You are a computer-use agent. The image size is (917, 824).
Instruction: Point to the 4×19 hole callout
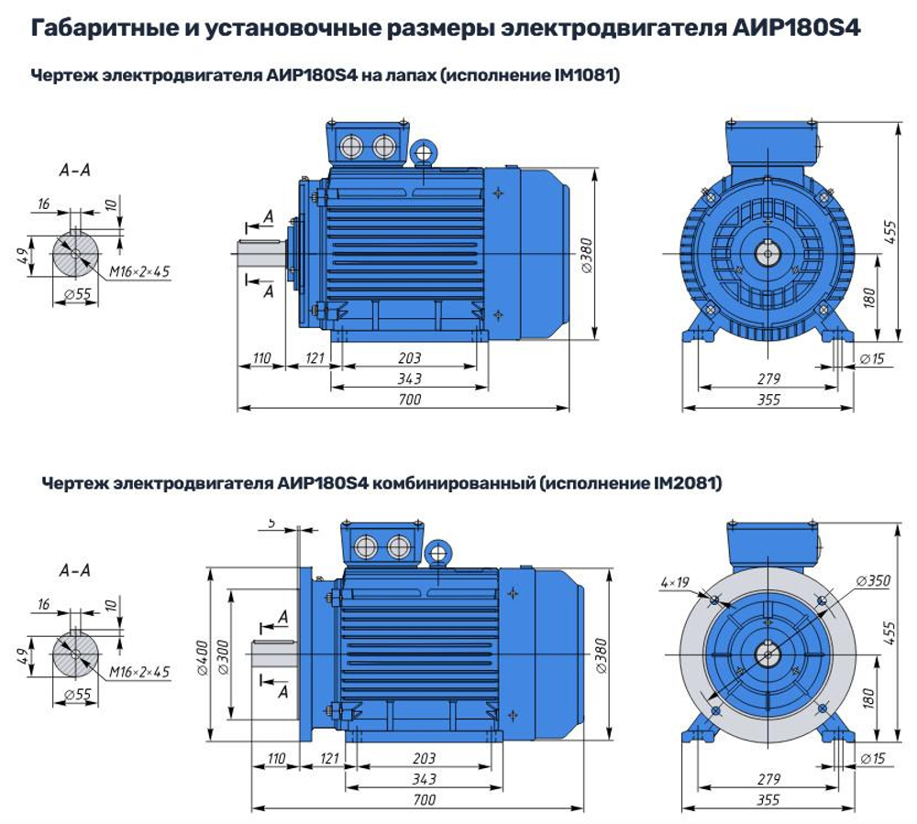click(672, 582)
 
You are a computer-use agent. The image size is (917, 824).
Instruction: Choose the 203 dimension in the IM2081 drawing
click(424, 758)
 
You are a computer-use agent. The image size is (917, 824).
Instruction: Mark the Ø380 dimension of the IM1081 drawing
click(587, 248)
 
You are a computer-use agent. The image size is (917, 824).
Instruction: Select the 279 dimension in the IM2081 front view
click(769, 778)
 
